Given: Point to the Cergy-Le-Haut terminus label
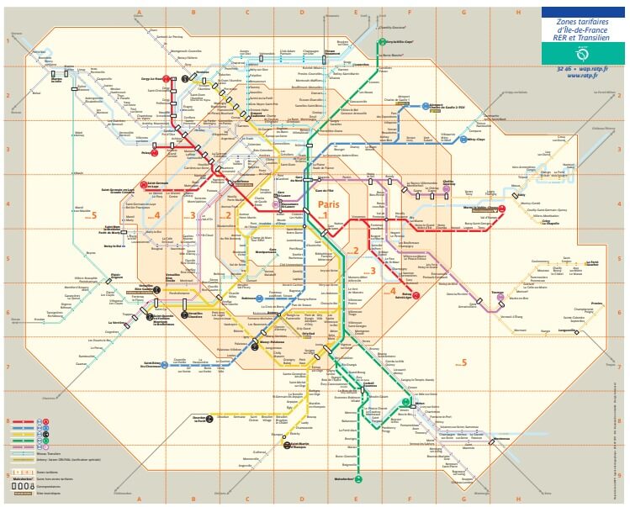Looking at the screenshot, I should tap(151, 78).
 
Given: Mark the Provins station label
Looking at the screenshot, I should tap(596, 304).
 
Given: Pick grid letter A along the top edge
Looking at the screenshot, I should tap(138, 12).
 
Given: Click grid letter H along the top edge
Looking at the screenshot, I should tap(518, 12).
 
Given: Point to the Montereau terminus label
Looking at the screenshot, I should tap(502, 438).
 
